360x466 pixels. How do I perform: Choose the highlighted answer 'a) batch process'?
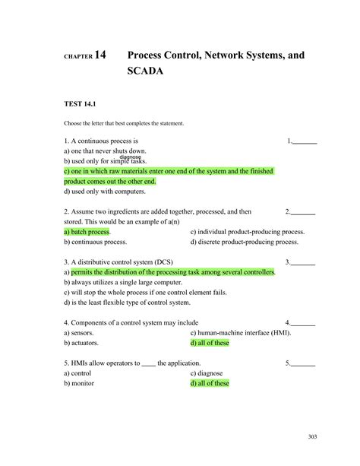pyautogui.click(x=87, y=232)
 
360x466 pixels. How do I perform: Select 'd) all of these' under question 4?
pyautogui.click(x=210, y=343)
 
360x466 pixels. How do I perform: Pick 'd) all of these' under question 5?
pyautogui.click(x=210, y=383)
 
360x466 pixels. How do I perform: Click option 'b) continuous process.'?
pyautogui.click(x=95, y=242)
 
